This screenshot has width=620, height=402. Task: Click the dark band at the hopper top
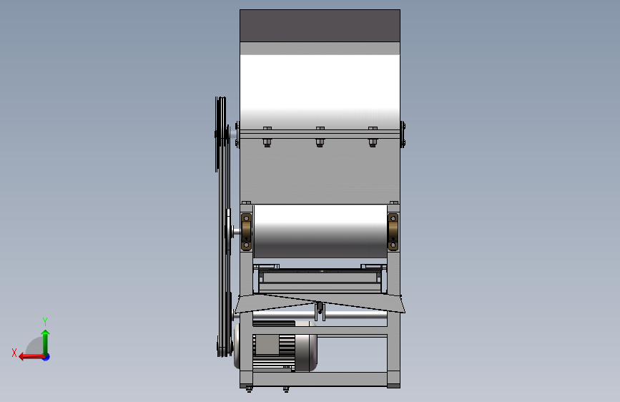[x=320, y=26]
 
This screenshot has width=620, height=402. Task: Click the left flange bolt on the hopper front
[x=267, y=137]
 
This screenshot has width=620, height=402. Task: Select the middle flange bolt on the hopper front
[x=320, y=137]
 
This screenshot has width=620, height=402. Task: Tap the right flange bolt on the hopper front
[x=373, y=137]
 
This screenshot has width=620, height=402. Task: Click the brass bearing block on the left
[x=246, y=232]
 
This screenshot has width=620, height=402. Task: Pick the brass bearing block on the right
[x=393, y=232]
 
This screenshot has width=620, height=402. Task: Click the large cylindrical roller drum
[x=320, y=231]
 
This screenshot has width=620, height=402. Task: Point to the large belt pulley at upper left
[x=221, y=134]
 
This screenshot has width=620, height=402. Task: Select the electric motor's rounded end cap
[x=307, y=353]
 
